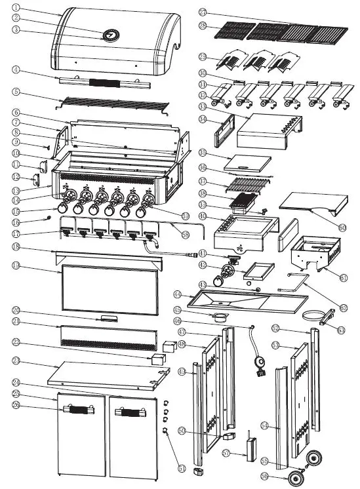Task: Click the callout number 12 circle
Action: (x=16, y=176)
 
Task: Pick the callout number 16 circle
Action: (x=16, y=222)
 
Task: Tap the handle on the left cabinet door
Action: (x=77, y=411)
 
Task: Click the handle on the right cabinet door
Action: (x=129, y=413)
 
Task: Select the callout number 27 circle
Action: (x=203, y=13)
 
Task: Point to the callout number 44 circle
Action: (x=178, y=296)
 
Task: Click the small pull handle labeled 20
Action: (x=109, y=319)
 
